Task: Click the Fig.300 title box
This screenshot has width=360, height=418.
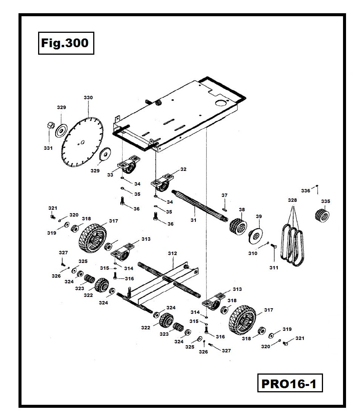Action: [66, 43]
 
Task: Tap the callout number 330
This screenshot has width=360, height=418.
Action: [88, 98]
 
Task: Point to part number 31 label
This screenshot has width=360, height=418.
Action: [193, 220]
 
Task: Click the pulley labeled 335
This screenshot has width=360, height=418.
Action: [322, 215]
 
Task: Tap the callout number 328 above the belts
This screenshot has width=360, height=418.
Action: [292, 200]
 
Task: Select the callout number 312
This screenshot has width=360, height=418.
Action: [172, 254]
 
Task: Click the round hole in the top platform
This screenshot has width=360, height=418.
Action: [221, 103]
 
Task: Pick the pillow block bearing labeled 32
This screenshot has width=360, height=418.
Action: [163, 183]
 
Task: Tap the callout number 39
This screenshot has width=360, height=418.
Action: [258, 216]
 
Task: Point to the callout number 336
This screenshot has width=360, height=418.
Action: [305, 191]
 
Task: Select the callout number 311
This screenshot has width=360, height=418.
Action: [274, 267]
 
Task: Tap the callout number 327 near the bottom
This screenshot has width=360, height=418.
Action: [226, 350]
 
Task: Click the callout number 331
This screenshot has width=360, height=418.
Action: [48, 148]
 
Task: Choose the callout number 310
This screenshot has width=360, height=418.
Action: [252, 253]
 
